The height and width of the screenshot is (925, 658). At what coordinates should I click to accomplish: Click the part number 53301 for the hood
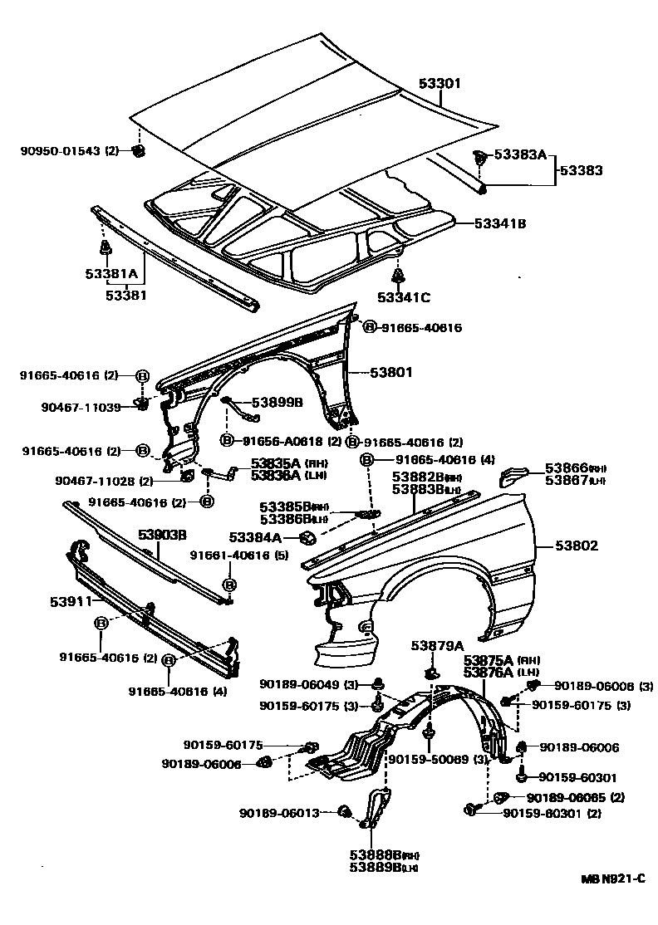[439, 84]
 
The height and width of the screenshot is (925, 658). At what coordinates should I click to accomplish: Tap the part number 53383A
[520, 154]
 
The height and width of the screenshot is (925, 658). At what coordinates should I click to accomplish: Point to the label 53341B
[501, 223]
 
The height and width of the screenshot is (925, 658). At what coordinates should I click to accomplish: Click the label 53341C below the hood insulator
[403, 296]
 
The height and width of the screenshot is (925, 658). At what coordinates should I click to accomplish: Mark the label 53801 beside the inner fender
[391, 374]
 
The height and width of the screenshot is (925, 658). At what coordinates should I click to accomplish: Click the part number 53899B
[277, 403]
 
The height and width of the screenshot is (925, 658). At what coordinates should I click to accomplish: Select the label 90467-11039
[81, 407]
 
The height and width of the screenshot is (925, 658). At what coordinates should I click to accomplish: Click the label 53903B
[162, 534]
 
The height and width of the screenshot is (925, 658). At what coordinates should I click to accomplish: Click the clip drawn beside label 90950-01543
[139, 151]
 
